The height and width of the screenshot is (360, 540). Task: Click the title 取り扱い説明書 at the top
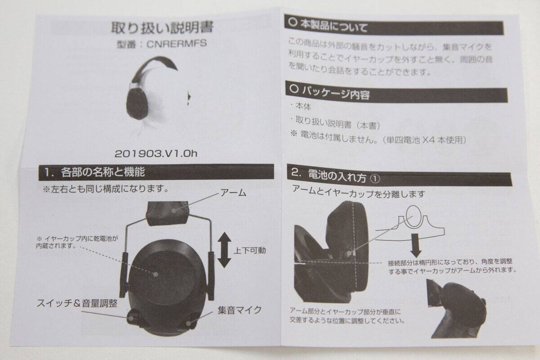coord(162,27)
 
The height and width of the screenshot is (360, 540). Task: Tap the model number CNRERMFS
coord(177,43)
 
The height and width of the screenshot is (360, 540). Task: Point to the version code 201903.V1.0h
coord(156,153)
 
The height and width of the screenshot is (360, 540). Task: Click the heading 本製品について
coord(334,26)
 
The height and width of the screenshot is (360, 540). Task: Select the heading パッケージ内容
coord(336,92)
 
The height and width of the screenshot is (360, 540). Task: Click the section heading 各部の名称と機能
coord(103,172)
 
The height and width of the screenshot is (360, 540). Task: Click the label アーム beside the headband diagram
coord(233,193)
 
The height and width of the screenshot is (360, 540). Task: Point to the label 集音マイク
coord(239,310)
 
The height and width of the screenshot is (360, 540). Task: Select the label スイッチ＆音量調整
coord(77,303)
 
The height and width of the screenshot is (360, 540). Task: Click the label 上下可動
coord(249,251)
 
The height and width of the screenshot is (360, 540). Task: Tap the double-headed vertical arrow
coord(225,250)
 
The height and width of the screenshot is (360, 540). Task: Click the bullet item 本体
coord(303,106)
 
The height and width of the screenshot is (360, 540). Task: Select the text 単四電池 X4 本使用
coord(424,140)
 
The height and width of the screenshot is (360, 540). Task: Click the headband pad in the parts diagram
coord(168,213)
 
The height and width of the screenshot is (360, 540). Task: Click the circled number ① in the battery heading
coord(374,179)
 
